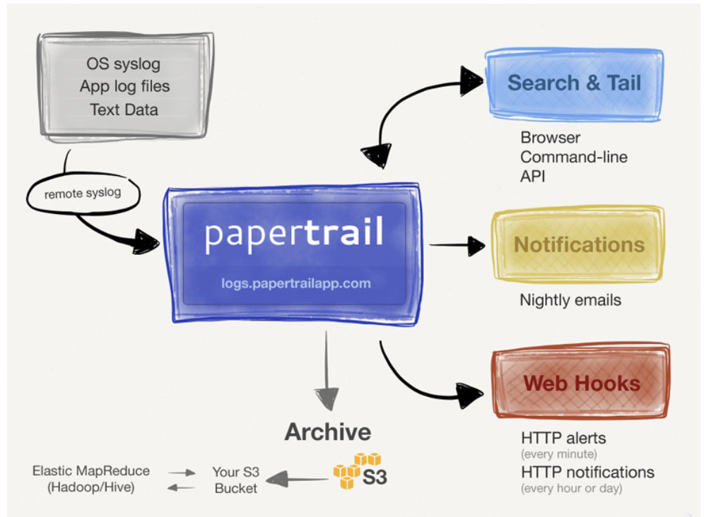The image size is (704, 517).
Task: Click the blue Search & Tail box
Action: (573, 83)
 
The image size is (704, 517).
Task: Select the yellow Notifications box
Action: (578, 244)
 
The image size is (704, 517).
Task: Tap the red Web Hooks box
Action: (581, 384)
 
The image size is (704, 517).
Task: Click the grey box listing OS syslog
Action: (124, 86)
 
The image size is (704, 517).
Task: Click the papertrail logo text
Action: (294, 233)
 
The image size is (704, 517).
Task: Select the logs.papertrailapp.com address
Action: (295, 284)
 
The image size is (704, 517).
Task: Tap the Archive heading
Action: (327, 432)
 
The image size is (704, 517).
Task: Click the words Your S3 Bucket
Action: (235, 479)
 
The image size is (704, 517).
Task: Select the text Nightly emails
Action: (570, 300)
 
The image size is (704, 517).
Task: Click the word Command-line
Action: (573, 157)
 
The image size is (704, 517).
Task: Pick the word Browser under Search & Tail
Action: (550, 138)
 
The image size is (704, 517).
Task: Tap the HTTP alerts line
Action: (563, 437)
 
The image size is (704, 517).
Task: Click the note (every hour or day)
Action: (570, 488)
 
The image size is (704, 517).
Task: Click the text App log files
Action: (124, 87)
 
